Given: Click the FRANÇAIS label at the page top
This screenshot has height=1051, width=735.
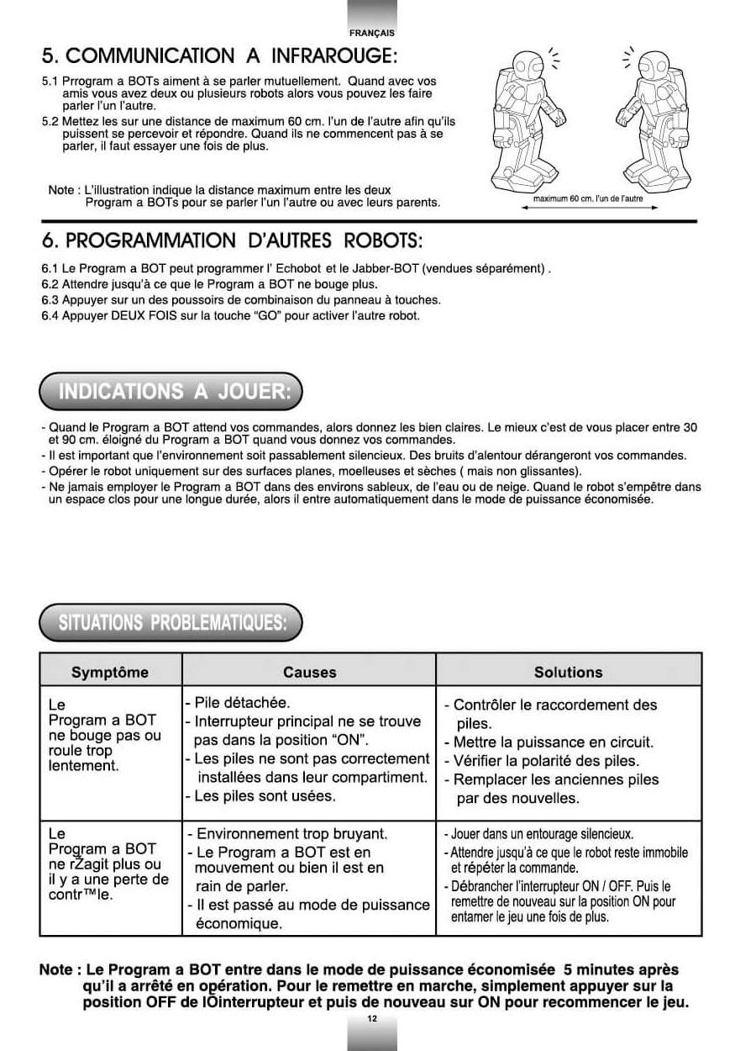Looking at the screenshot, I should pos(372,33).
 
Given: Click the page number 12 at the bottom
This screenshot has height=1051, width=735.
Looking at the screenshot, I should pos(372,1019).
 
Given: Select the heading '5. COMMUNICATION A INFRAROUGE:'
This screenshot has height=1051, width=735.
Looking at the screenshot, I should pos(219,56).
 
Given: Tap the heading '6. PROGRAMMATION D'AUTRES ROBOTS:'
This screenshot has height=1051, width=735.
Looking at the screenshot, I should pos(232,240).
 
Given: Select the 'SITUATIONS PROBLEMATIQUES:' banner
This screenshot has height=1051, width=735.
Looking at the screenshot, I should pos(172,623).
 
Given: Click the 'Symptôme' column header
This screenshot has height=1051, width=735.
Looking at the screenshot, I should pos(110,673).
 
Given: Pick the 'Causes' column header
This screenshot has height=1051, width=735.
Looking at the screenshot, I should pos(309,673).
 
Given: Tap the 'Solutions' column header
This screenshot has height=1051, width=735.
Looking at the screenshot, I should pos(568,673).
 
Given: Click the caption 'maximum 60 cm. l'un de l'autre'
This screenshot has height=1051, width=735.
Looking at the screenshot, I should pos(588,198).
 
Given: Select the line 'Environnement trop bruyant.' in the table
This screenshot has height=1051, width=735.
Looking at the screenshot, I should pos(291,834).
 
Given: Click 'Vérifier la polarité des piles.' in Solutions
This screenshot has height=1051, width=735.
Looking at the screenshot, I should pos(546,761).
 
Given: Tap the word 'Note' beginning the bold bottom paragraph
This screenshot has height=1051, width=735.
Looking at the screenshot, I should pos(56,970).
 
